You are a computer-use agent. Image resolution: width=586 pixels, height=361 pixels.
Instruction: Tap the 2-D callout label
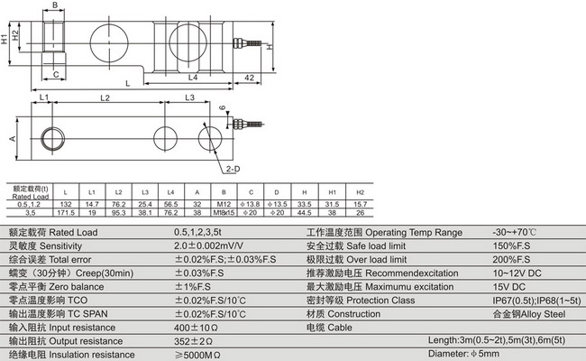pos(232,169)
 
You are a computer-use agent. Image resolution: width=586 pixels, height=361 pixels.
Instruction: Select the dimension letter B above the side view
pos(55,5)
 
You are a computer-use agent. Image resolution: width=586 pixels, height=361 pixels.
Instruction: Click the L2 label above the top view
pos(105,97)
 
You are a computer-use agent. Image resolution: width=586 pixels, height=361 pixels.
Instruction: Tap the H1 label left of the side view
pos(6,40)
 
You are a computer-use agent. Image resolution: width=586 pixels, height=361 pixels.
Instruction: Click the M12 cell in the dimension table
pos(223,205)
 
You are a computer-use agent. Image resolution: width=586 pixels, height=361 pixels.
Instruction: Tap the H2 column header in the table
pos(360,192)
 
